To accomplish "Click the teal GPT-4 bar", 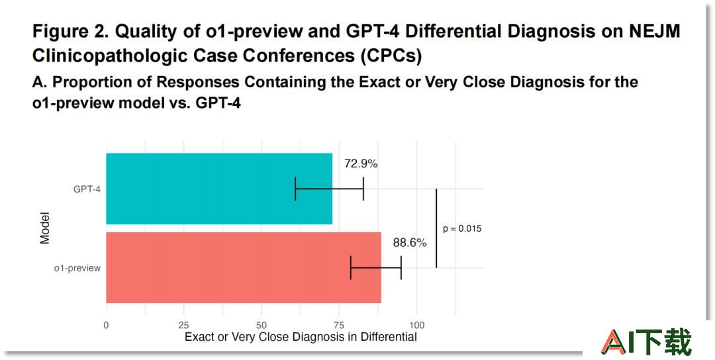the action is (219, 189).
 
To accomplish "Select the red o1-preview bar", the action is (244, 267).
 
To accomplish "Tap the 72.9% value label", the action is (361, 163).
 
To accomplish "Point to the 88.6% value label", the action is (410, 243).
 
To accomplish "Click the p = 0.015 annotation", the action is (462, 229).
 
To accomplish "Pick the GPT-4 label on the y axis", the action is (87, 189).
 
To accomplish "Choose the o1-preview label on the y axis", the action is (77, 269).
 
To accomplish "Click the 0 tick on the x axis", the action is (106, 326).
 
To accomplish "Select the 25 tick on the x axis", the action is (184, 326).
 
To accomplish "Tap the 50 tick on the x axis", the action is (262, 326).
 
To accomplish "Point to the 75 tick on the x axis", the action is (339, 326).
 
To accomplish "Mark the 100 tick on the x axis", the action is (416, 326).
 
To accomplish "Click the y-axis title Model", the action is (44, 228).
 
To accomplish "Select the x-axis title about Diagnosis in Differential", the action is (301, 337).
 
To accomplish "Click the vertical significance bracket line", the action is (436, 228).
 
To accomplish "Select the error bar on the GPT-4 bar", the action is (329, 189).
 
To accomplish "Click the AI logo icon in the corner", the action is (645, 341).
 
